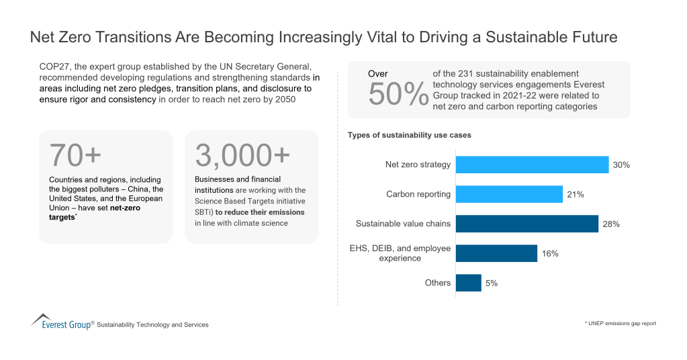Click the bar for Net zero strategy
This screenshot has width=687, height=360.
pyautogui.click(x=532, y=165)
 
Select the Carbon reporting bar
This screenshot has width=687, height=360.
pyautogui.click(x=508, y=194)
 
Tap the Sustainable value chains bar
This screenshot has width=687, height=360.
pyautogui.click(x=526, y=224)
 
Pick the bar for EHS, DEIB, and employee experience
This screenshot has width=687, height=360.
pyautogui.click(x=496, y=253)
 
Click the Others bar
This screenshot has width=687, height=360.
pyautogui.click(x=469, y=283)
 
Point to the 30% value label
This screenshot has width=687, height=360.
pyautogui.click(x=621, y=165)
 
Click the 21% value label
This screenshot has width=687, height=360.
pyautogui.click(x=575, y=195)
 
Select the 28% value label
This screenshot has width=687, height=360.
pyautogui.click(x=610, y=224)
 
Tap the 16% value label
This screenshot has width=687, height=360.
pyautogui.click(x=550, y=254)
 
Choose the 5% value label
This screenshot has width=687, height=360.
pyautogui.click(x=492, y=283)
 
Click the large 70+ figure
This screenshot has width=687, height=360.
pyautogui.click(x=75, y=156)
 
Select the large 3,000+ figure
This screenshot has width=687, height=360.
pyautogui.click(x=242, y=156)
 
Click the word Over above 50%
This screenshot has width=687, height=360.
pyautogui.click(x=378, y=74)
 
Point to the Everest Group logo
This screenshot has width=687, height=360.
pyautogui.click(x=62, y=322)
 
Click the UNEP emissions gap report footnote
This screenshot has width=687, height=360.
pyautogui.click(x=620, y=324)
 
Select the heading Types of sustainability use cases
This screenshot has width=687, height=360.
pyautogui.click(x=409, y=135)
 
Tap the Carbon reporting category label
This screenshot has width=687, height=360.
pyautogui.click(x=418, y=194)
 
